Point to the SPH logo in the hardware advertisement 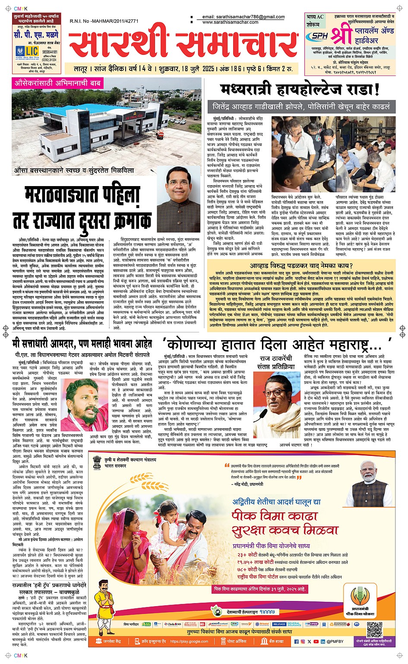[320, 36]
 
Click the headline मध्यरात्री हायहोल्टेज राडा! [300, 89]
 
